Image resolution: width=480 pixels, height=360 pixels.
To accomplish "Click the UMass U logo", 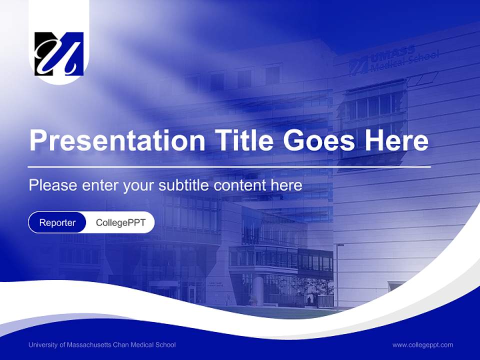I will click(59, 54).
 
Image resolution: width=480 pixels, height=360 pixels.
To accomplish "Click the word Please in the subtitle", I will click(53, 185).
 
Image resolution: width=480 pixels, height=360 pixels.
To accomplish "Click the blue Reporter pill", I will click(57, 222).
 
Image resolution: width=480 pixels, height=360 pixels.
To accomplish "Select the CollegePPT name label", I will click(120, 222).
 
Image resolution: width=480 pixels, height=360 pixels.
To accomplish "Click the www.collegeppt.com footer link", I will click(422, 345).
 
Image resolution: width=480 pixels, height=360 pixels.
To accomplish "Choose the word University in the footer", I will click(42, 345).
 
